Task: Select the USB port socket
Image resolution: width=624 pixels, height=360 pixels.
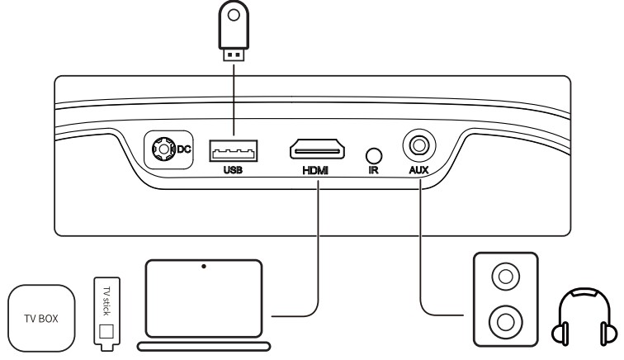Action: [x=233, y=150]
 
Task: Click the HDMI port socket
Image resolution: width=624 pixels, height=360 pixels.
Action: [x=317, y=150]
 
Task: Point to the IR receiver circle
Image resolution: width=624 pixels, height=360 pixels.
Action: [x=375, y=154]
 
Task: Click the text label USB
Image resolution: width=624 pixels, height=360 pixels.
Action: [x=233, y=171]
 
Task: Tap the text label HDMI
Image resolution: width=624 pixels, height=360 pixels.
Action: [x=316, y=171]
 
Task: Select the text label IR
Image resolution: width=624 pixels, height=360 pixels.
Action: [x=374, y=171]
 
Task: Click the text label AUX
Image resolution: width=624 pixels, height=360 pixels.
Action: [x=419, y=171]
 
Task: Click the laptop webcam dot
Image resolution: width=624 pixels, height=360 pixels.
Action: [x=204, y=267]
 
